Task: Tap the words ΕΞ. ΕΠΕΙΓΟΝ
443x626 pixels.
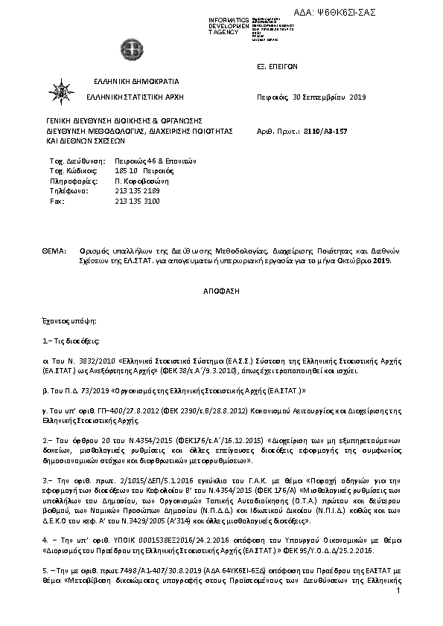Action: (x=276, y=66)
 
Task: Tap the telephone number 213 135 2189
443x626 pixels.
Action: (x=138, y=191)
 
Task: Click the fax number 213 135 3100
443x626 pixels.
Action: (x=138, y=201)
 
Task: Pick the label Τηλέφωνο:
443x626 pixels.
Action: (x=66, y=191)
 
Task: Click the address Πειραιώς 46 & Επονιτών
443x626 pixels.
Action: (x=155, y=161)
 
